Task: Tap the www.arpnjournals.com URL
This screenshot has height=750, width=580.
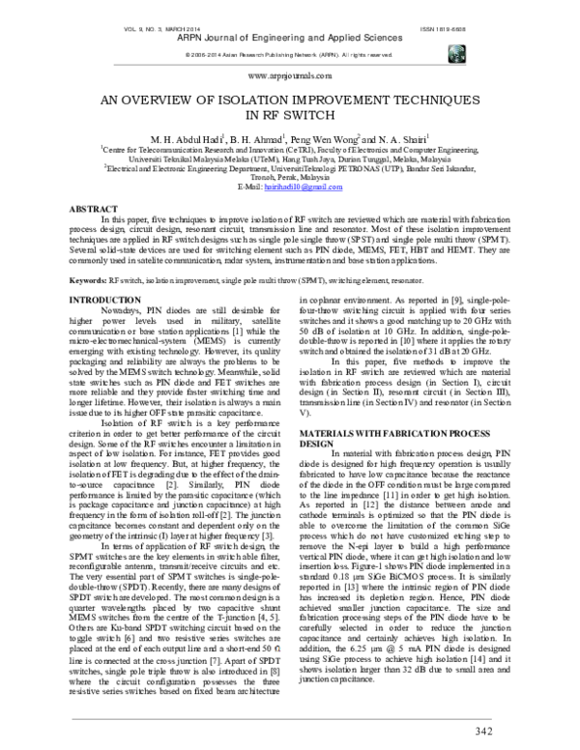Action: click(x=290, y=74)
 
